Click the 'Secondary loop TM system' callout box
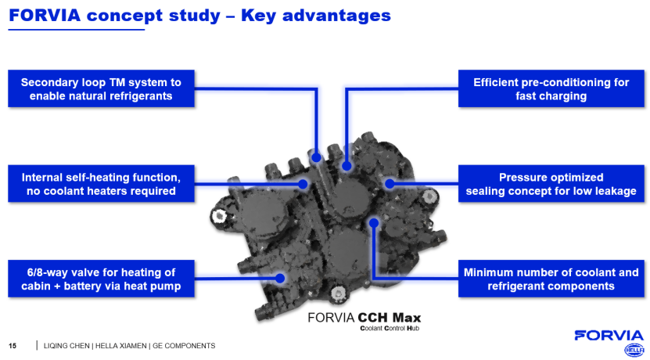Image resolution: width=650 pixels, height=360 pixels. [x=101, y=88]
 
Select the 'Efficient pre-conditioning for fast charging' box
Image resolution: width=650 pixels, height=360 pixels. [x=551, y=88]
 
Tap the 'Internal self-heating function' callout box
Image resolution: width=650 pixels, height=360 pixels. [x=101, y=183]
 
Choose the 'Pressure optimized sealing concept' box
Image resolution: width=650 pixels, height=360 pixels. [x=551, y=183]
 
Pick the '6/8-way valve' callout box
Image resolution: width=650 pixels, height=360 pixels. [x=101, y=279]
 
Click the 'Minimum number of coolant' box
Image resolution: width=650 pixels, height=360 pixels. [x=551, y=279]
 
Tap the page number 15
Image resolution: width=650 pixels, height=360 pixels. [x=12, y=345]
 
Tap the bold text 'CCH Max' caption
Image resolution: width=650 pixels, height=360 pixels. [x=389, y=318]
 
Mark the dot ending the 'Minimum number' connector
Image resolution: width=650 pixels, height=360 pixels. [x=374, y=222]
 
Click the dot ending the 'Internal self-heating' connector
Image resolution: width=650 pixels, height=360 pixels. [x=304, y=184]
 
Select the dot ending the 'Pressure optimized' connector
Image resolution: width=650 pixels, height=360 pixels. [x=389, y=183]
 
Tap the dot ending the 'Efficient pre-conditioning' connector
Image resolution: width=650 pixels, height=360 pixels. [x=347, y=165]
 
